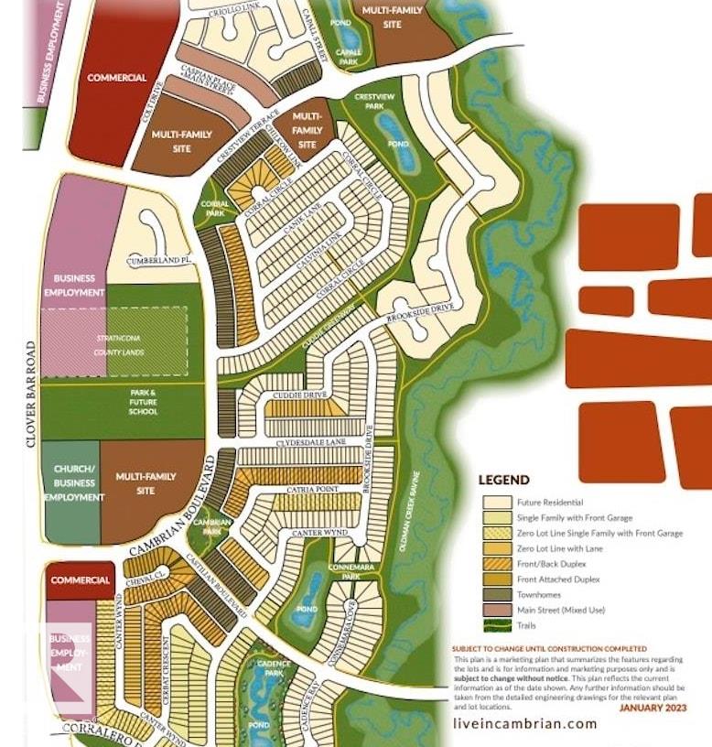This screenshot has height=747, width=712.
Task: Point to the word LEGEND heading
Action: click(x=503, y=480)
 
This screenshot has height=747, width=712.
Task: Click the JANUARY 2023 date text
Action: click(x=653, y=708)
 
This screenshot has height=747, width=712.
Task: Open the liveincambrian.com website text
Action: click(x=524, y=723)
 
